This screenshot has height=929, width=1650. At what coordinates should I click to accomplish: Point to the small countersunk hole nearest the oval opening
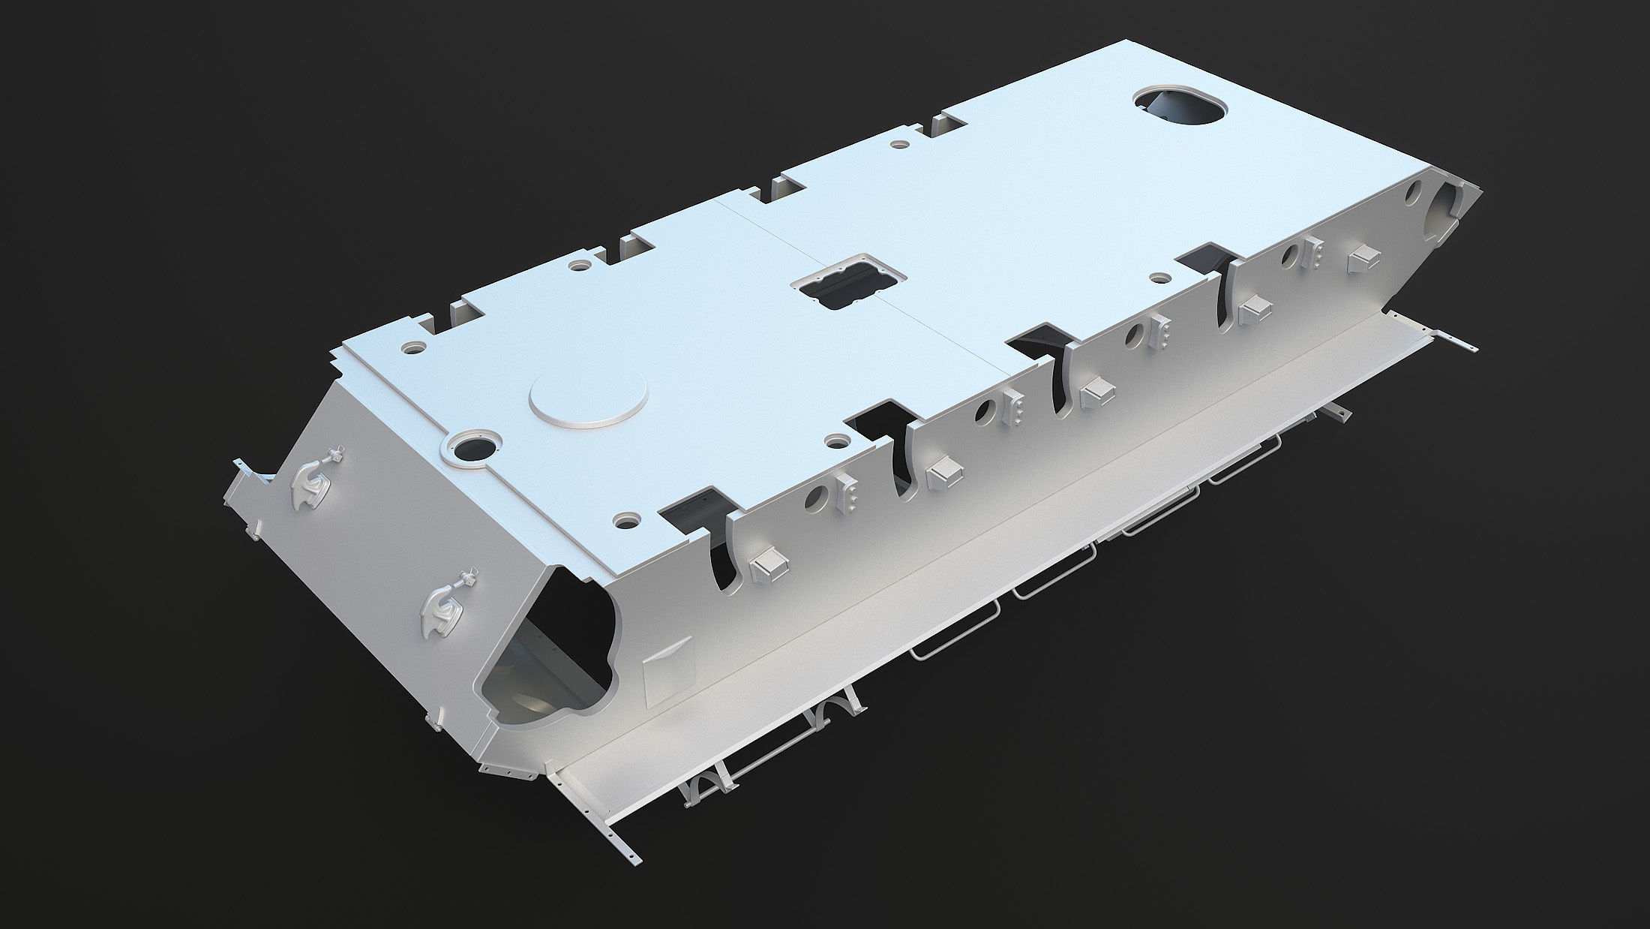coord(1160,278)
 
